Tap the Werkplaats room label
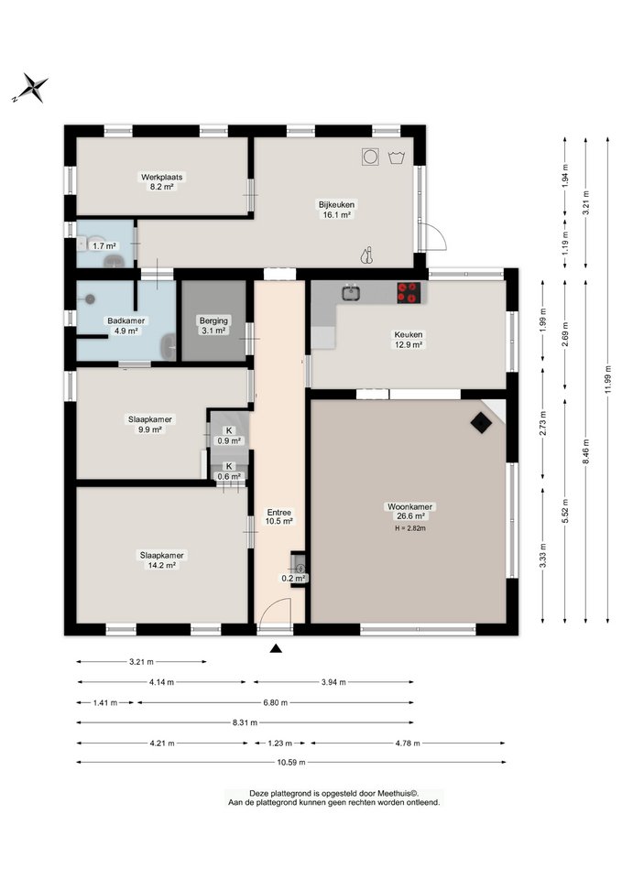pyautogui.click(x=161, y=181)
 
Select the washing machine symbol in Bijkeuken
pyautogui.click(x=370, y=157)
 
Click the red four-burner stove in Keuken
pyautogui.click(x=409, y=293)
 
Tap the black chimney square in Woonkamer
pyautogui.click(x=481, y=423)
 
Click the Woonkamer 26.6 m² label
pyautogui.click(x=410, y=511)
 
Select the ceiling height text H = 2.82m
pyautogui.click(x=410, y=528)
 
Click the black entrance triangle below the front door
pyautogui.click(x=276, y=648)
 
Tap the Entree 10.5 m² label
pyautogui.click(x=279, y=516)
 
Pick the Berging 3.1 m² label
pyautogui.click(x=213, y=326)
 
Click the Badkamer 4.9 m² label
pyautogui.click(x=126, y=326)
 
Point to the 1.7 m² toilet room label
pyautogui.click(x=104, y=246)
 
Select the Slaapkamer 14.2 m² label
pyautogui.click(x=161, y=560)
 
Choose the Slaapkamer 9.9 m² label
pyautogui.click(x=149, y=424)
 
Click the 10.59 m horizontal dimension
pyautogui.click(x=291, y=763)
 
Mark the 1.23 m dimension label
pyautogui.click(x=280, y=743)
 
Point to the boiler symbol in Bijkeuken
pyautogui.click(x=366, y=255)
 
